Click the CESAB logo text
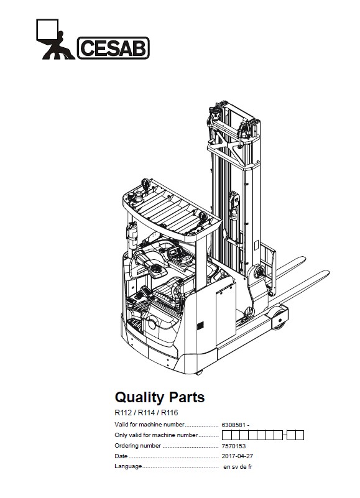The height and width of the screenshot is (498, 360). pyautogui.click(x=113, y=48)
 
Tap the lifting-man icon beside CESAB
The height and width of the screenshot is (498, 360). pyautogui.click(x=55, y=39)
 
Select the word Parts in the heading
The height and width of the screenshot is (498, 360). pyautogui.click(x=187, y=397)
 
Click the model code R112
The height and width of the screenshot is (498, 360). pyautogui.click(x=123, y=413)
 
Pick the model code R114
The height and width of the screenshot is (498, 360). pyautogui.click(x=147, y=413)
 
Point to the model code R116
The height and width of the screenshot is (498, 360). pyautogui.click(x=170, y=413)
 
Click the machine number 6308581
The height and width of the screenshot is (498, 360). pyautogui.click(x=234, y=425)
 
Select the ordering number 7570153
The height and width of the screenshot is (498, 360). pyautogui.click(x=234, y=446)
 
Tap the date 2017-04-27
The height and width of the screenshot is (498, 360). pyautogui.click(x=238, y=456)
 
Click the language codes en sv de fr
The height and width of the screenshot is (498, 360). pyautogui.click(x=238, y=466)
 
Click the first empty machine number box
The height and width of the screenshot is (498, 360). pyautogui.click(x=226, y=435)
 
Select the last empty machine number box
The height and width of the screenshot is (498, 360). pyautogui.click(x=300, y=435)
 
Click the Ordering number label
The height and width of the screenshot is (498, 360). pyautogui.click(x=137, y=446)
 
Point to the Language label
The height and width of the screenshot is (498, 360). pyautogui.click(x=128, y=466)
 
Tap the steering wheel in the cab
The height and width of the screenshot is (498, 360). pyautogui.click(x=157, y=270)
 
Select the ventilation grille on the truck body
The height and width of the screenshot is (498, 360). pyautogui.click(x=200, y=326)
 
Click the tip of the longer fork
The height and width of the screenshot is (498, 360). pyautogui.click(x=328, y=272)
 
